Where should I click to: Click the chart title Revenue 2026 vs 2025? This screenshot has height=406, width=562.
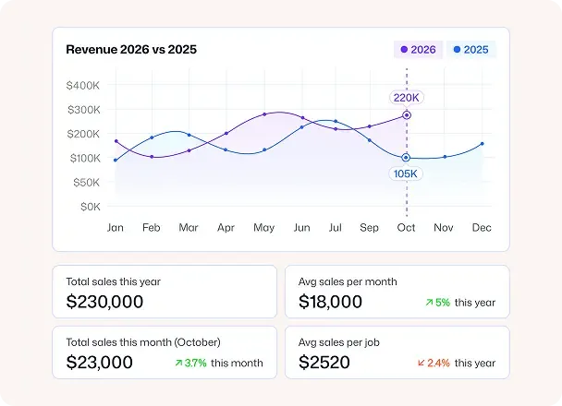130,50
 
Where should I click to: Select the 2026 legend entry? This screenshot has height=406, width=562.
418,50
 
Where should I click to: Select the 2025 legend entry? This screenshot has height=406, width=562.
470,50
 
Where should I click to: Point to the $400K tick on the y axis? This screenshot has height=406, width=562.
83,86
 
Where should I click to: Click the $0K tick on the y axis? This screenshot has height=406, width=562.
90,207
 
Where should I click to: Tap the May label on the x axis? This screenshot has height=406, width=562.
263,227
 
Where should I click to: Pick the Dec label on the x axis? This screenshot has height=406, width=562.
482,227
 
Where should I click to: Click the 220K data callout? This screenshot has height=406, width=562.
406,97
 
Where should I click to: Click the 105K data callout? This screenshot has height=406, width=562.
406,173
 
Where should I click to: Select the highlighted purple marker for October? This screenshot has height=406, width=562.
407,116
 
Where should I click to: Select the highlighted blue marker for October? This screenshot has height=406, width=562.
406,157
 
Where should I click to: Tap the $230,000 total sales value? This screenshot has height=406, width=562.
104,302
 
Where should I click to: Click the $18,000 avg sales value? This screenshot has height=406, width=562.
331,302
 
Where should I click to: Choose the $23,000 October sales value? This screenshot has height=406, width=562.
100,363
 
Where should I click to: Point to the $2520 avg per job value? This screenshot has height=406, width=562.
324,363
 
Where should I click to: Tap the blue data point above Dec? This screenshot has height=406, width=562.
482,144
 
